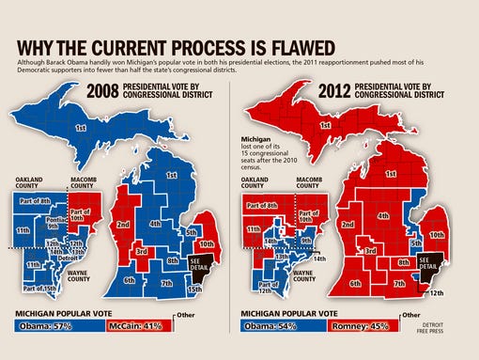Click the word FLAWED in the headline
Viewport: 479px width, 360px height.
[x=299, y=47]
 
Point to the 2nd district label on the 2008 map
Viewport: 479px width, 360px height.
[x=123, y=225]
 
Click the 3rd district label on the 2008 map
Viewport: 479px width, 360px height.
[x=141, y=251]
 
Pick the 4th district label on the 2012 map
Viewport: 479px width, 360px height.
[x=383, y=216]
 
